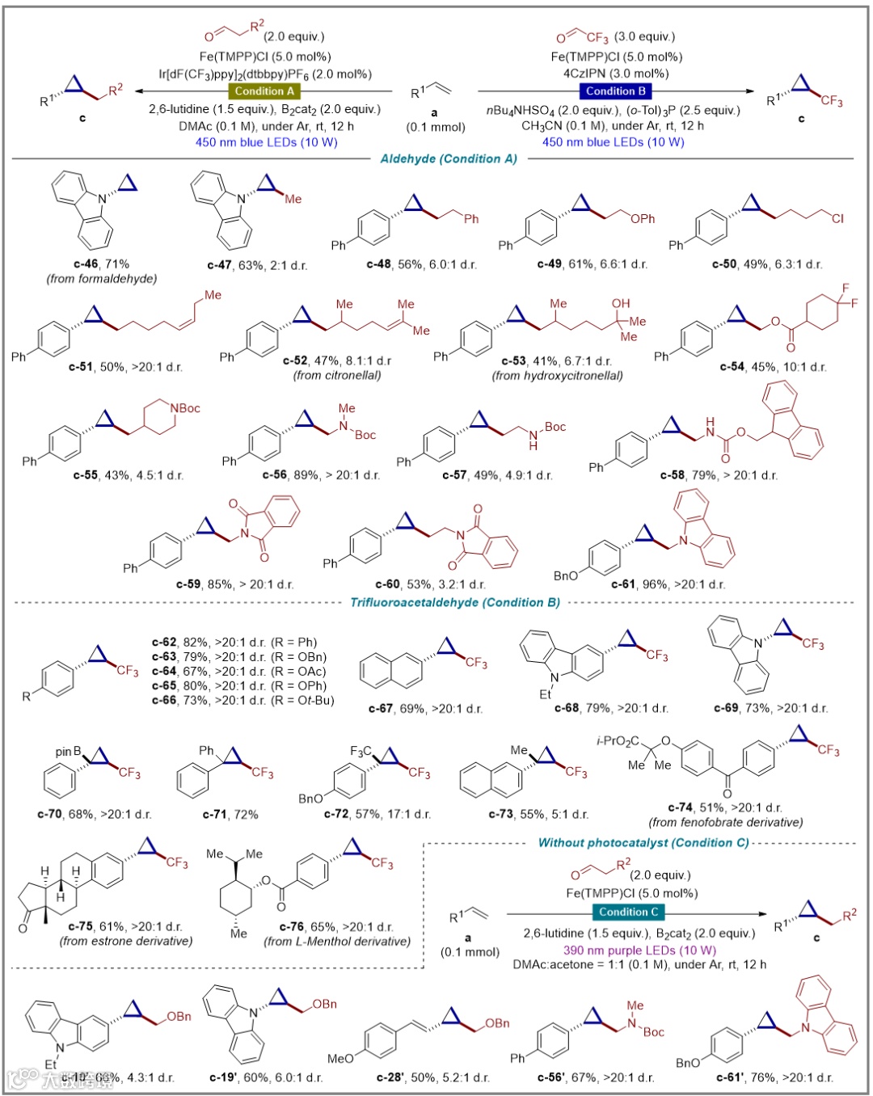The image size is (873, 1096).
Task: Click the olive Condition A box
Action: (264, 91)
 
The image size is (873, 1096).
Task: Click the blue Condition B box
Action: (615, 91)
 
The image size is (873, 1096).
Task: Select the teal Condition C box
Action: (629, 913)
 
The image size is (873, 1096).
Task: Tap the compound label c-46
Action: (85, 264)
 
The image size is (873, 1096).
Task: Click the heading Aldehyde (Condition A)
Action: (449, 159)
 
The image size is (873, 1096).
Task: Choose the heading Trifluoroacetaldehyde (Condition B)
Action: (454, 602)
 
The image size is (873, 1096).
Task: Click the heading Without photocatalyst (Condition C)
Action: (643, 842)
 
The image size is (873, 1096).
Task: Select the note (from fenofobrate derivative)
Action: (726, 822)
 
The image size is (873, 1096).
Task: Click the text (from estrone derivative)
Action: (126, 941)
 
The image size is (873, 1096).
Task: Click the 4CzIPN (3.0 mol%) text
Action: (616, 74)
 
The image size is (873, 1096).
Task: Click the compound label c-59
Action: (189, 584)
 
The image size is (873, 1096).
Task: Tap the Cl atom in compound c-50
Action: (837, 218)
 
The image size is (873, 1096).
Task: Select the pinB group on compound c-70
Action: (69, 752)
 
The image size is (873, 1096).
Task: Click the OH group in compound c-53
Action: (621, 304)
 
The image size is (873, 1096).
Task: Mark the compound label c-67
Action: (381, 709)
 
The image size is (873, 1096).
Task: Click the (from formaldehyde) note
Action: (101, 279)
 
